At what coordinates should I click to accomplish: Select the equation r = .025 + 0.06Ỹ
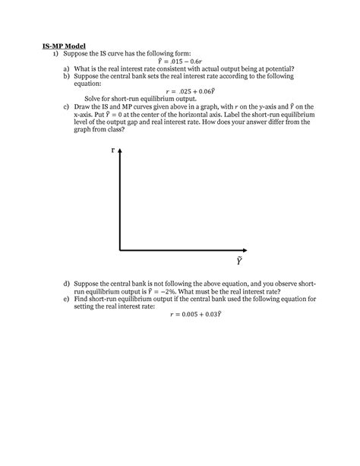[x=180, y=90]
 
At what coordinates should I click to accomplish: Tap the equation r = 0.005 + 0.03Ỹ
[x=180, y=313]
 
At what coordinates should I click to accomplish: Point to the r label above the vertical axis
[x=113, y=150]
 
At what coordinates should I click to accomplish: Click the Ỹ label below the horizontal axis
[x=239, y=261]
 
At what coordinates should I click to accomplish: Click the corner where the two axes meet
[x=119, y=249]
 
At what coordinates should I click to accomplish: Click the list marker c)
[x=68, y=108]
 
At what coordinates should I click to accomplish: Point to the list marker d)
[x=68, y=283]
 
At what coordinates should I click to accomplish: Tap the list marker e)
[x=68, y=300]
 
